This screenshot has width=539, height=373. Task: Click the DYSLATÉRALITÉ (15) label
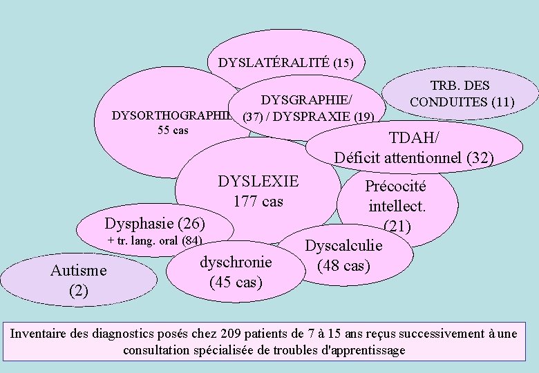pos(286,63)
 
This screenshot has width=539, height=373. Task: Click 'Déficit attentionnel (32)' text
pos(414,157)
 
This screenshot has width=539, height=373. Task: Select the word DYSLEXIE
pos(258,182)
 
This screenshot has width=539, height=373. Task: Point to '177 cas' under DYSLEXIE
pos(258,201)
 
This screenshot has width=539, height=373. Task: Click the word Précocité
pos(396,186)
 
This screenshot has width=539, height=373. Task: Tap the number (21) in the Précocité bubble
pos(397,226)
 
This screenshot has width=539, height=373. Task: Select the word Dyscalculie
pos(343,246)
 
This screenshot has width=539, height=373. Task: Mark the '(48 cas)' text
pos(343,266)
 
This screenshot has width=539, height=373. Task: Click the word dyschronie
pos(236,262)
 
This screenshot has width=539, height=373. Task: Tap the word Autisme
pos(79,271)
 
